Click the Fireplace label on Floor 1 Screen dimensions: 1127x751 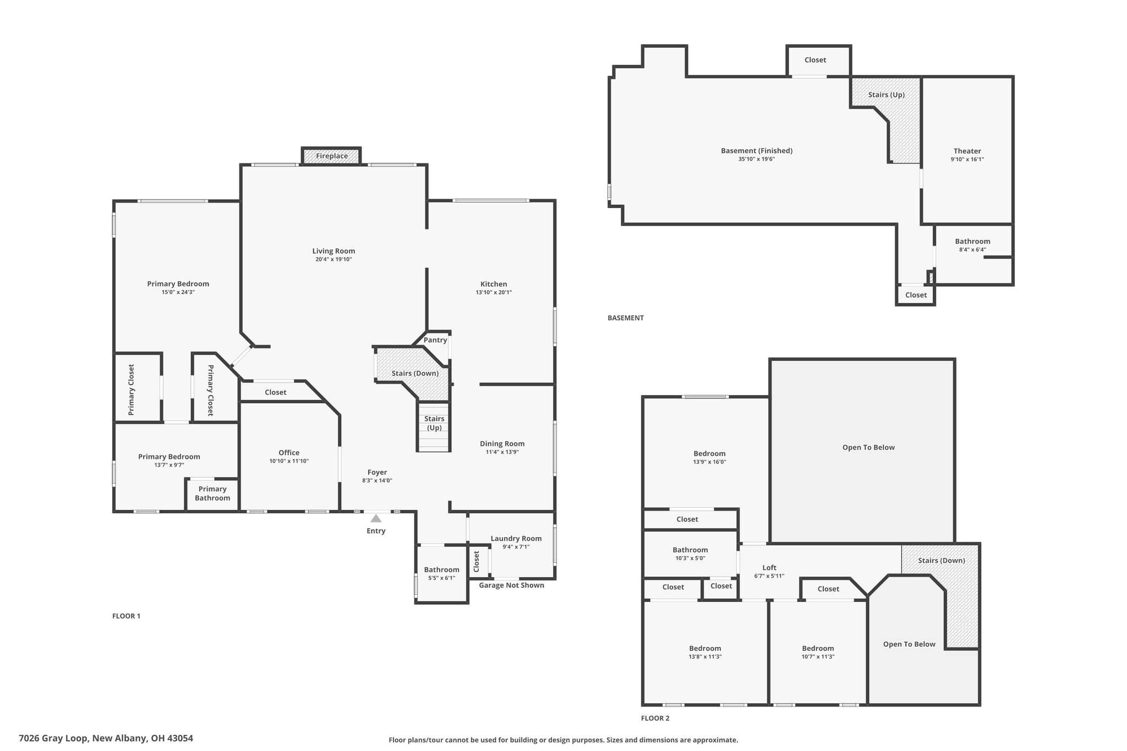[x=332, y=156]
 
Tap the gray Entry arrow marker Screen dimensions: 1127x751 [x=376, y=518]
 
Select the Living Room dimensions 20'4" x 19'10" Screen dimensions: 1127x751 [x=333, y=259]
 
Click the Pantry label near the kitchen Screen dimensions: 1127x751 [x=435, y=340]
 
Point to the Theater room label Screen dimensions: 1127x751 [x=967, y=151]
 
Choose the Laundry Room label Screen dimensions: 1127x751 [x=516, y=539]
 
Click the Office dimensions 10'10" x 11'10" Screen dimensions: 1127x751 [x=289, y=461]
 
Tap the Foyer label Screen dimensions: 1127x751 [x=378, y=472]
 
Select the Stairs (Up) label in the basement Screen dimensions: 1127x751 [x=887, y=95]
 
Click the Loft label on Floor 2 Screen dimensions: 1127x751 [x=769, y=568]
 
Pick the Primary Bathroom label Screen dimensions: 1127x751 [x=212, y=494]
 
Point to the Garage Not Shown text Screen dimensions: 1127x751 [x=511, y=585]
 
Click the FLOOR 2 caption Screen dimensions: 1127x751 [x=655, y=718]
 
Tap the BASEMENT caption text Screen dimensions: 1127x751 [x=626, y=318]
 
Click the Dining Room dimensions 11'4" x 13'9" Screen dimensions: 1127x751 [x=502, y=452]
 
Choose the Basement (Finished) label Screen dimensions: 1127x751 [x=757, y=151]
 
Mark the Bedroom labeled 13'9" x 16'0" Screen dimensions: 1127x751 [x=709, y=454]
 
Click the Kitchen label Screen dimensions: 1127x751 [x=494, y=284]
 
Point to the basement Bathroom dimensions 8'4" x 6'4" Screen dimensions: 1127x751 [x=972, y=250]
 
